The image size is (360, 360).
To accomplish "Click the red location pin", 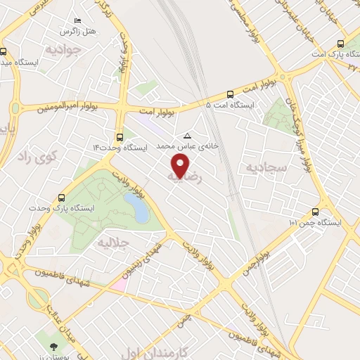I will (x=181, y=165).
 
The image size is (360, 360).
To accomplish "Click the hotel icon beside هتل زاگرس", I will (x=77, y=22).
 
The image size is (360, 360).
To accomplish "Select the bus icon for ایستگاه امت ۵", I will (x=231, y=94).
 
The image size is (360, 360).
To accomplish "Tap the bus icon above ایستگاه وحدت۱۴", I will (x=119, y=137).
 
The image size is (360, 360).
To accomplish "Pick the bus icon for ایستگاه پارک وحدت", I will (x=62, y=198).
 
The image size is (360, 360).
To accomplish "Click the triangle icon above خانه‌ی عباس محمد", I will (x=187, y=136).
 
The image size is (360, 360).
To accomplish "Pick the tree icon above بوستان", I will (x=53, y=345).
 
